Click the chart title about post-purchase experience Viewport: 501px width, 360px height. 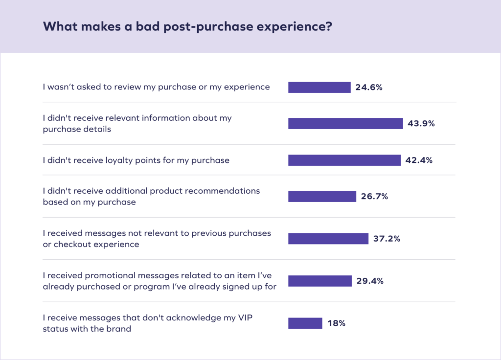[x=188, y=26]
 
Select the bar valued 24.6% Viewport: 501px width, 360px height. [x=319, y=87]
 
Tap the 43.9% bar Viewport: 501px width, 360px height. [x=345, y=123]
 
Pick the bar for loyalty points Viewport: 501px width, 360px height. [x=344, y=160]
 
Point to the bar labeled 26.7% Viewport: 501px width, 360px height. [x=322, y=196]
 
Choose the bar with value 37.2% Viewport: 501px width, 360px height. [x=328, y=238]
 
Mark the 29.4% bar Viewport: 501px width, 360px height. [x=320, y=281]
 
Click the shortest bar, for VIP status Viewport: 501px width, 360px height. [x=305, y=323]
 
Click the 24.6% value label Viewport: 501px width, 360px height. [x=369, y=88]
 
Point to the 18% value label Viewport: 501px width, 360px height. [x=337, y=323]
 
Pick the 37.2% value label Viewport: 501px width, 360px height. [x=387, y=239]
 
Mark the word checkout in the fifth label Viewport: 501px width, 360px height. [x=69, y=244]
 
